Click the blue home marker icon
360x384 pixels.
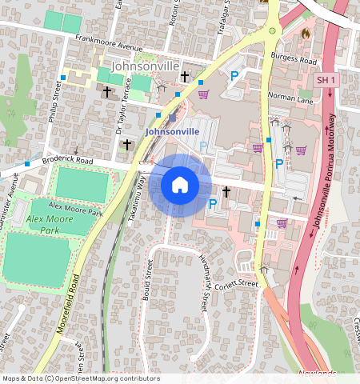[x=180, y=186]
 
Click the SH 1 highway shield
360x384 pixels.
[x=325, y=80]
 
